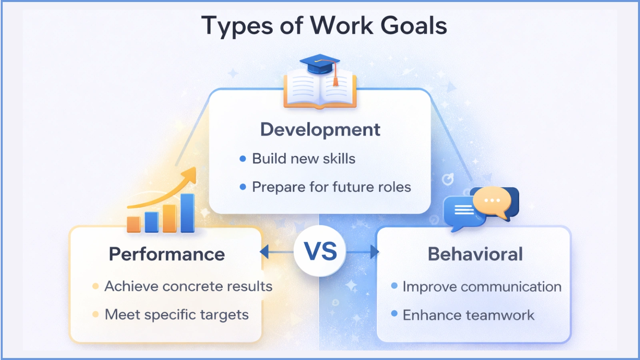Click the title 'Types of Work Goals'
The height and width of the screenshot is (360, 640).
pyautogui.click(x=324, y=26)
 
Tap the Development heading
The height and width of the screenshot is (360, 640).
pyautogui.click(x=320, y=130)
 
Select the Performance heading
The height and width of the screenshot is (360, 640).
pyautogui.click(x=167, y=254)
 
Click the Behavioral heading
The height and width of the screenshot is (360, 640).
pyautogui.click(x=475, y=254)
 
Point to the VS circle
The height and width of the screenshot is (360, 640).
pyautogui.click(x=320, y=251)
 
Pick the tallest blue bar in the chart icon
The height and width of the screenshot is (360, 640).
pyautogui.click(x=187, y=213)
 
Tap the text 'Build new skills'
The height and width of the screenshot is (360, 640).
pyautogui.click(x=304, y=159)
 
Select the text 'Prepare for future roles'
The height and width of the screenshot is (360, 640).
pyautogui.click(x=331, y=187)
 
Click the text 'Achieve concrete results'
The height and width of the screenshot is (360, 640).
pyautogui.click(x=188, y=286)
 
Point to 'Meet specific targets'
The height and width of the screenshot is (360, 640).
pyautogui.click(x=176, y=315)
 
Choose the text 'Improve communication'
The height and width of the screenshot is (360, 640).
pyautogui.click(x=482, y=287)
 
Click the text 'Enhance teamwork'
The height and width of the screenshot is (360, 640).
pyautogui.click(x=468, y=315)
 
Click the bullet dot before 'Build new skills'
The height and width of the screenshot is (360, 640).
pyautogui.click(x=243, y=159)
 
